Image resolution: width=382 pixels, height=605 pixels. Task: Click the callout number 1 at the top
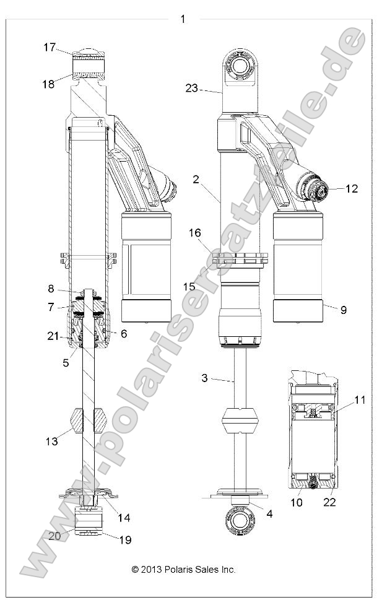(x=183, y=19)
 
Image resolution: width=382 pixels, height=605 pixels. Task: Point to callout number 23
(x=191, y=89)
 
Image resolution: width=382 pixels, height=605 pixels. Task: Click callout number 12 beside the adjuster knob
(x=352, y=189)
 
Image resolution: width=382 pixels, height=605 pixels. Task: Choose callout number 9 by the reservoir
(x=343, y=309)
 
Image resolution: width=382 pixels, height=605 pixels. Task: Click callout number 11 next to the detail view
(x=360, y=400)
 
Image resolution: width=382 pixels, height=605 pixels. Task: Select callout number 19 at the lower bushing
(x=125, y=539)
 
